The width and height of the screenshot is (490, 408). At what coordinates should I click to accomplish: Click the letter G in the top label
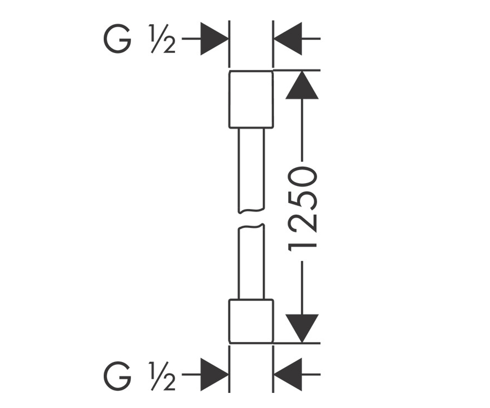(x=117, y=39)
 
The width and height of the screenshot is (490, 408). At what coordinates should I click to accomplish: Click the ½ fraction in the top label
(x=162, y=39)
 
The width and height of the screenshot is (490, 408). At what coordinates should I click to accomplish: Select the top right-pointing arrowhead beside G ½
(x=214, y=39)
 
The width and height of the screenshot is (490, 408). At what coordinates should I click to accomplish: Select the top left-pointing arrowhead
(x=288, y=39)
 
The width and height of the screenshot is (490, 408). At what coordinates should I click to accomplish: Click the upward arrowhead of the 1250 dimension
(x=302, y=85)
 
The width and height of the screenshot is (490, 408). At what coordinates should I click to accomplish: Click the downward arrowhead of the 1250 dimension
(x=302, y=328)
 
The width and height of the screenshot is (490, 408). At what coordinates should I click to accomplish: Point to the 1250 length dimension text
(x=303, y=210)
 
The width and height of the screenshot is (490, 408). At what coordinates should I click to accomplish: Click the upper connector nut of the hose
(x=251, y=99)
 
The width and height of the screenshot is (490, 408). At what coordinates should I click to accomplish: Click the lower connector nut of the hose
(x=251, y=321)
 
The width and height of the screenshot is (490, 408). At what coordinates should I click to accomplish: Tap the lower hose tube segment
(x=252, y=262)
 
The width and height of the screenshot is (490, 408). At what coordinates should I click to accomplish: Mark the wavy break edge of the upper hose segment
(x=252, y=211)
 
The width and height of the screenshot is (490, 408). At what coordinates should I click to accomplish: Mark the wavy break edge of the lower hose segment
(x=252, y=226)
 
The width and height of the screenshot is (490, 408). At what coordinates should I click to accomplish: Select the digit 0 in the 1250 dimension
(x=303, y=176)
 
